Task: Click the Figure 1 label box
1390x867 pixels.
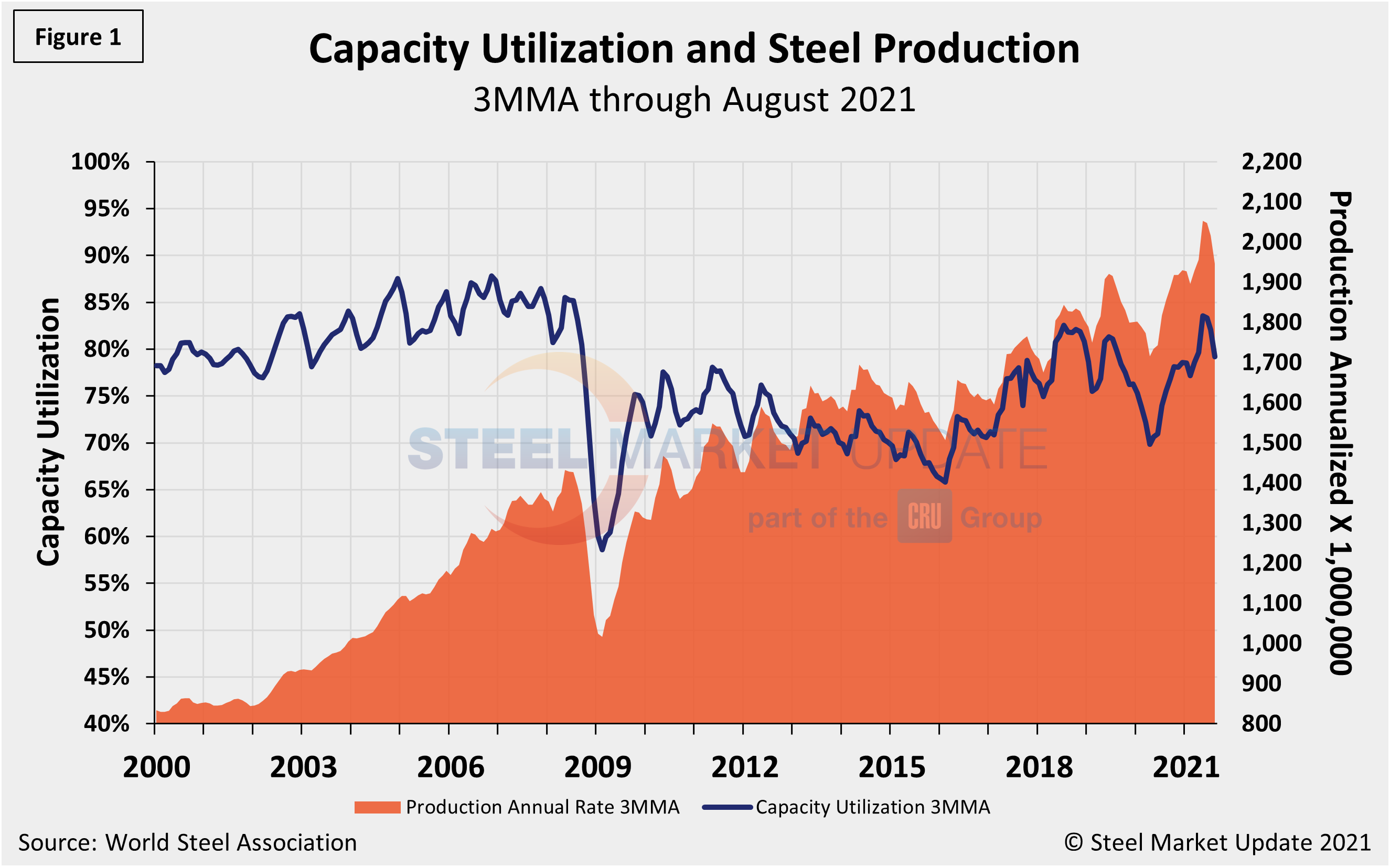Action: click(x=78, y=37)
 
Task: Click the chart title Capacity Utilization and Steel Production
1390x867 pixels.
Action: click(x=694, y=49)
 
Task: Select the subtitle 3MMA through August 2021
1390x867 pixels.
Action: click(x=694, y=100)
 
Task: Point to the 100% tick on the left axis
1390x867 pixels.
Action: click(x=100, y=162)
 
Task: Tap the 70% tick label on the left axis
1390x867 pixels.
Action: click(x=106, y=443)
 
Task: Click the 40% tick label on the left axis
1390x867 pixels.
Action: click(x=106, y=724)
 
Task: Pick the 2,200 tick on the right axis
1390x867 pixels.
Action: click(x=1271, y=162)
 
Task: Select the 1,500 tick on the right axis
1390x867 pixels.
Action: click(x=1271, y=443)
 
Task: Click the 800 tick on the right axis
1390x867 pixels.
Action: click(x=1261, y=724)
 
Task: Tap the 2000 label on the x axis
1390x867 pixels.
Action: click(x=156, y=767)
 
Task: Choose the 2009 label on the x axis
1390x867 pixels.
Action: click(x=597, y=767)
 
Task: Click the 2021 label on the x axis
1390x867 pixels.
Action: click(x=1186, y=767)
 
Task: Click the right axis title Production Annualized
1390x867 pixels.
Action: click(x=1341, y=433)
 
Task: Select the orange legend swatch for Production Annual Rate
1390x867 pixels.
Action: click(x=377, y=807)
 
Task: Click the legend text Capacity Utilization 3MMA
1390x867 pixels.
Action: click(x=873, y=807)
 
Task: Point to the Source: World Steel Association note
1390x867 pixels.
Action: click(x=187, y=843)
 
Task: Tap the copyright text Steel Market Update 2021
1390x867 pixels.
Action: click(x=1217, y=843)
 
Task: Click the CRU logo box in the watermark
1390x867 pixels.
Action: click(x=924, y=516)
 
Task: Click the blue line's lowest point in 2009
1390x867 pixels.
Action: click(x=602, y=549)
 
